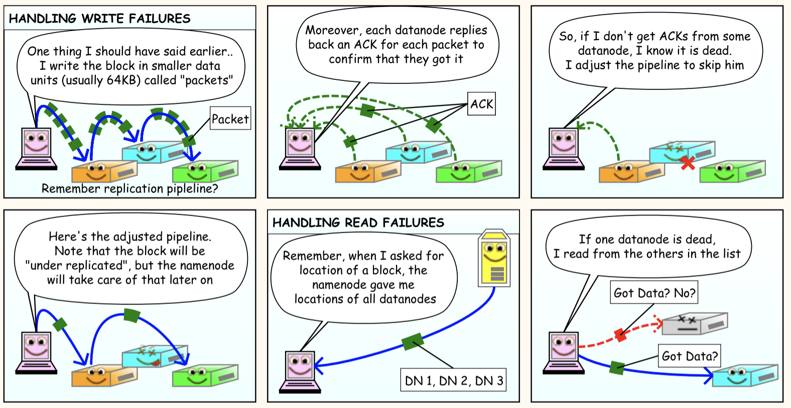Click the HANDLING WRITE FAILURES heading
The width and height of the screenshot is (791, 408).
tap(100, 19)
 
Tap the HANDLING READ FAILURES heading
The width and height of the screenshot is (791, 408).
tap(358, 223)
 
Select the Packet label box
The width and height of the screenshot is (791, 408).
tap(230, 119)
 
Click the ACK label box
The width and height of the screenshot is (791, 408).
tap(481, 104)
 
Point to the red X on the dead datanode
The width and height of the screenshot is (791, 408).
tap(688, 162)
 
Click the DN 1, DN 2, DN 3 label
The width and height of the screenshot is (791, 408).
tap(454, 380)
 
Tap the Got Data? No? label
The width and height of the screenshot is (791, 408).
tap(654, 293)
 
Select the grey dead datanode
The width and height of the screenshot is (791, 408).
tap(694, 324)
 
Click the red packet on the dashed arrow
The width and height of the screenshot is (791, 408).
tap(621, 335)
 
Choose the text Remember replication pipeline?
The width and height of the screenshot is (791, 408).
tap(129, 188)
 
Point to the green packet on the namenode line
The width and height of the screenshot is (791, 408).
tap(413, 342)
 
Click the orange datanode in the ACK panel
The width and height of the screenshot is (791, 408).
tap(367, 172)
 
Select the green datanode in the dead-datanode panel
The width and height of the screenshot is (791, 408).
tap(731, 172)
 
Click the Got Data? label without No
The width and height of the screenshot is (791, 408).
tap(690, 356)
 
